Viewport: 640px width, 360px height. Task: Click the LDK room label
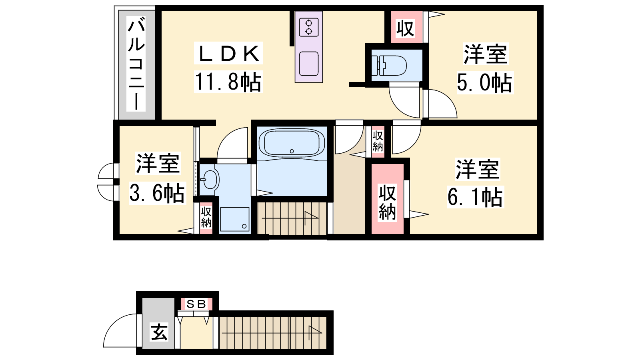[228, 54]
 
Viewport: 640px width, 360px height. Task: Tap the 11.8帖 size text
[228, 82]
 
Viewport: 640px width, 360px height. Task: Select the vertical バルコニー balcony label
[136, 64]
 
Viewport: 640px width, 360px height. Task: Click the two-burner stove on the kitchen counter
[308, 27]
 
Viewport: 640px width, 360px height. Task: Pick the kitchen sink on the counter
[308, 64]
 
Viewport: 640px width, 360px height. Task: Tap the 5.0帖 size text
[484, 82]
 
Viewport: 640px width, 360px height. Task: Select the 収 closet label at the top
[405, 28]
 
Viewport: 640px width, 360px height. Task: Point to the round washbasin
[210, 180]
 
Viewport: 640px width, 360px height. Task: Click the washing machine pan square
[234, 219]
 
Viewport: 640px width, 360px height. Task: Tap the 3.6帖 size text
[157, 193]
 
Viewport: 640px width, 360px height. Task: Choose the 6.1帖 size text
[475, 197]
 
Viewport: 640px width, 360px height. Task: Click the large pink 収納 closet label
[388, 202]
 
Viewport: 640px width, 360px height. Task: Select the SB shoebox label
[196, 304]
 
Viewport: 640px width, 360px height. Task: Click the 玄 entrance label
[159, 332]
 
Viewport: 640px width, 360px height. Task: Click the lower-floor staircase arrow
[272, 333]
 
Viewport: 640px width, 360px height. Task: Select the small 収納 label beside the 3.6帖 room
[206, 217]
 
